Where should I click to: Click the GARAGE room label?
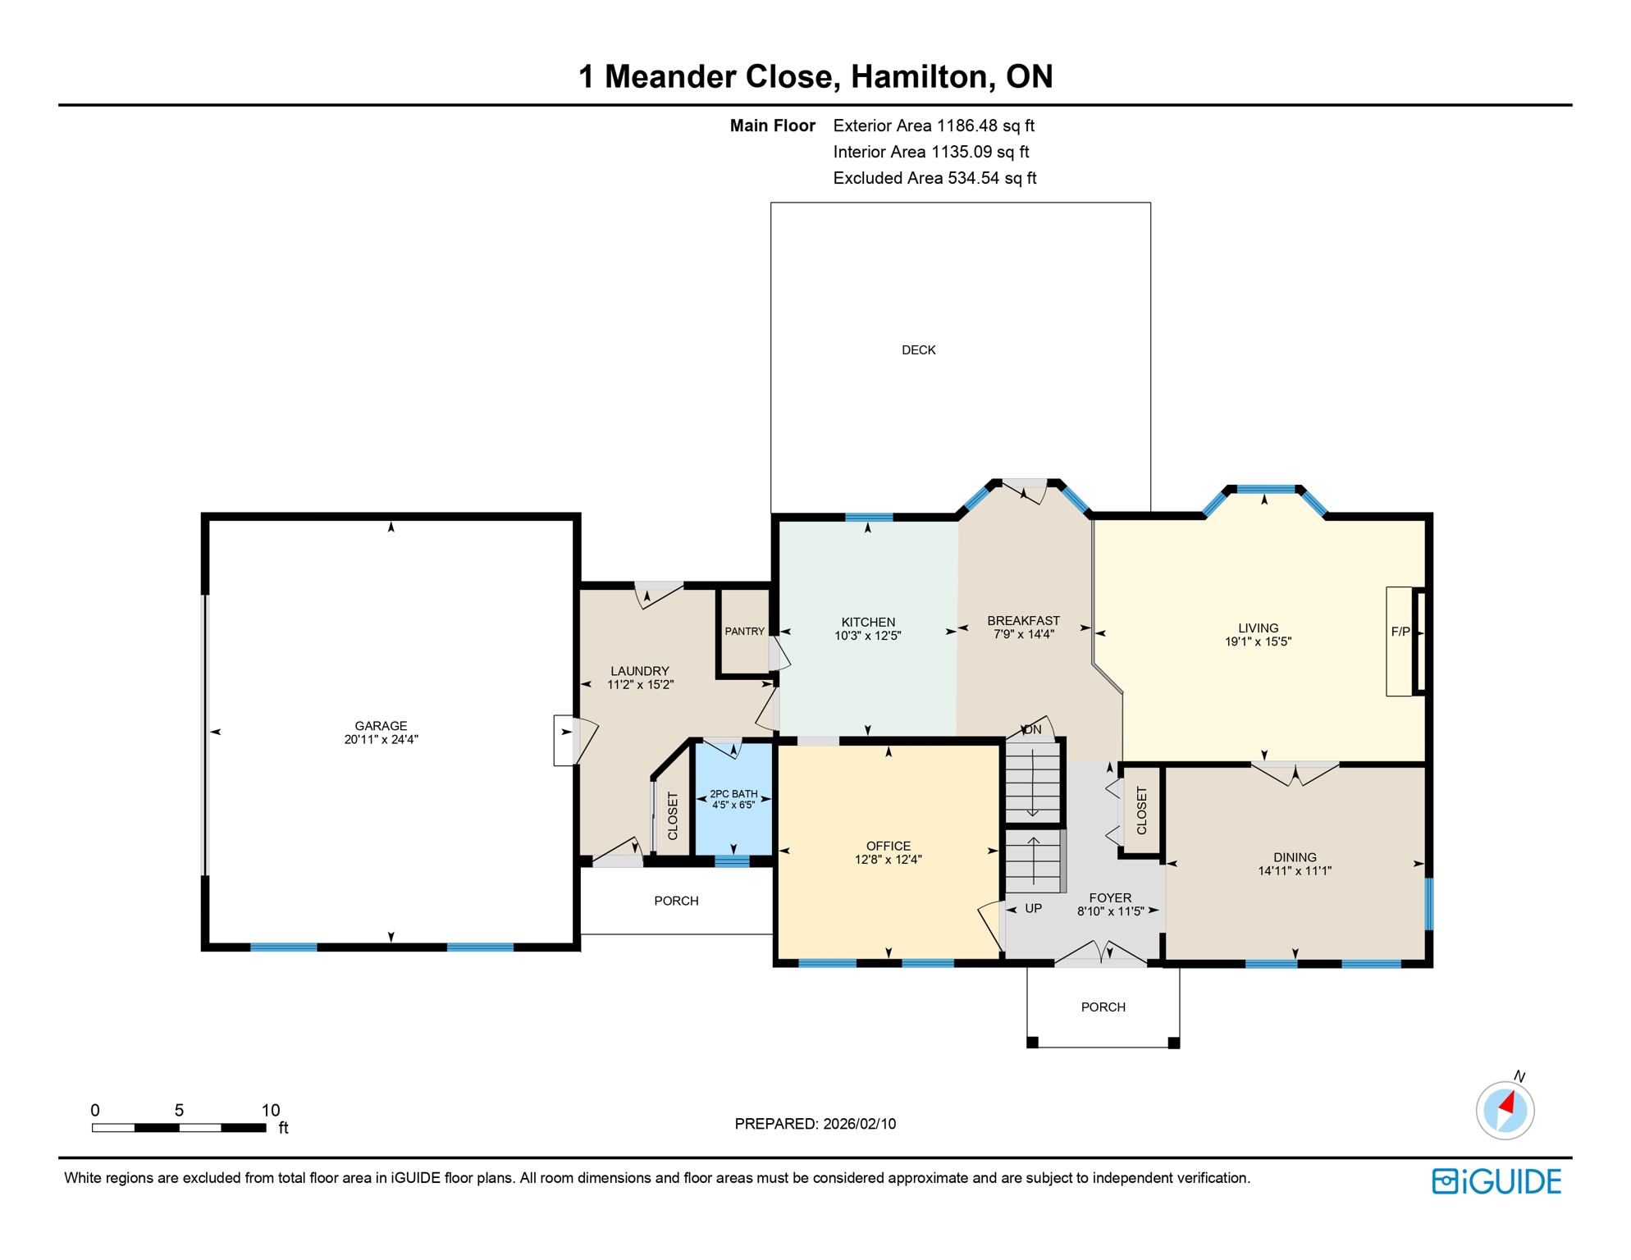(381, 725)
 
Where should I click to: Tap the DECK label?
(918, 350)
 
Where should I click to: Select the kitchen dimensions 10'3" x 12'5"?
(867, 636)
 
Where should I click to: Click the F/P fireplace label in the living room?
(1400, 632)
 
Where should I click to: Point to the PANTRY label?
(744, 631)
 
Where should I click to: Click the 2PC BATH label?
(733, 793)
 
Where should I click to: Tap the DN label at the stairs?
(1032, 729)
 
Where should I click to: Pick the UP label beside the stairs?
(1033, 908)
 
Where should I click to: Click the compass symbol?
(1505, 1110)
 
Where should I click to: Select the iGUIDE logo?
(1496, 1181)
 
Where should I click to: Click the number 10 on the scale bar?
(271, 1110)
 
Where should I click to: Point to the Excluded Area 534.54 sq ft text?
(934, 178)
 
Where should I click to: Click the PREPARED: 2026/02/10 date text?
(815, 1124)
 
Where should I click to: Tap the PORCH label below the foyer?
(1103, 1007)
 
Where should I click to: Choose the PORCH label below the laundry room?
(676, 901)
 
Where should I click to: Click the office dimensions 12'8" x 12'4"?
(888, 860)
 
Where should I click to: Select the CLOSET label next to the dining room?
(1141, 810)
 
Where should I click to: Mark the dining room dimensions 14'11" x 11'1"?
(1294, 871)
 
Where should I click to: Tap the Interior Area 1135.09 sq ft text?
(930, 152)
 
